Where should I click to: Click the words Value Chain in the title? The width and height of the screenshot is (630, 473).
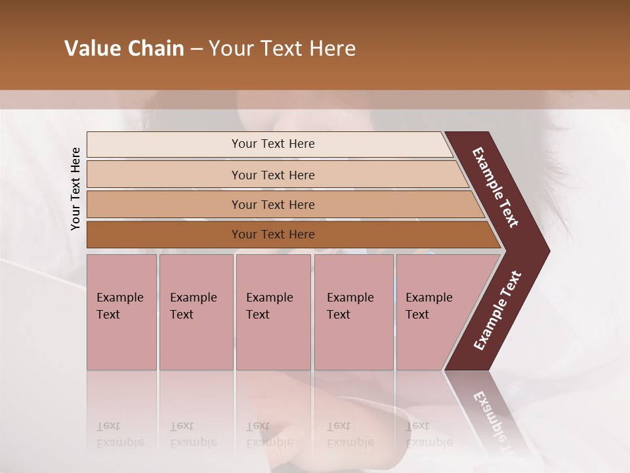click(x=124, y=49)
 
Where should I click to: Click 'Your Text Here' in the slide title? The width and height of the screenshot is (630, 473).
click(x=282, y=49)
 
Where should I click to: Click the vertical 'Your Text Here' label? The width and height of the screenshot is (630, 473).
click(x=75, y=189)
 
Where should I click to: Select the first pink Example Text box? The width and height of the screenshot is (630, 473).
click(x=121, y=312)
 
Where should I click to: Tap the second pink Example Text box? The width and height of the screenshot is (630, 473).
click(x=196, y=312)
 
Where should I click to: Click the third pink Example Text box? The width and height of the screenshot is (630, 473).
click(x=273, y=312)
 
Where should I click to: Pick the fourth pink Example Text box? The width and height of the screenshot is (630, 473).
click(x=353, y=312)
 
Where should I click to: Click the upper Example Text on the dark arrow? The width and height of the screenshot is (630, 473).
click(x=495, y=188)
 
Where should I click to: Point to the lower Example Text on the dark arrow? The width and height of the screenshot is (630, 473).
click(x=497, y=311)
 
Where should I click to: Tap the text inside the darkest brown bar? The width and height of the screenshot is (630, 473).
click(x=273, y=235)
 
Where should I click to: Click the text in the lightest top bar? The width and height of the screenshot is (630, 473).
click(x=273, y=144)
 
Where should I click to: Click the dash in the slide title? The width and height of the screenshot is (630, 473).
click(x=196, y=49)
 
